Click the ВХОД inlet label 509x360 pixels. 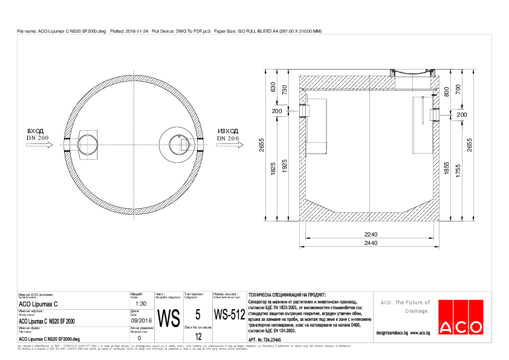point(36,131)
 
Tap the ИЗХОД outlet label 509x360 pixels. point(229,131)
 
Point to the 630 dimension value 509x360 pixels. point(273,88)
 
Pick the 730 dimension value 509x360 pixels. point(284,90)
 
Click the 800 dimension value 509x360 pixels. point(446,91)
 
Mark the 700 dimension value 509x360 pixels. point(458,88)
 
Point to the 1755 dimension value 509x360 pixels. point(458,172)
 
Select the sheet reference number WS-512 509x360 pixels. point(229,315)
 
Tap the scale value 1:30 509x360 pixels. point(141,304)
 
